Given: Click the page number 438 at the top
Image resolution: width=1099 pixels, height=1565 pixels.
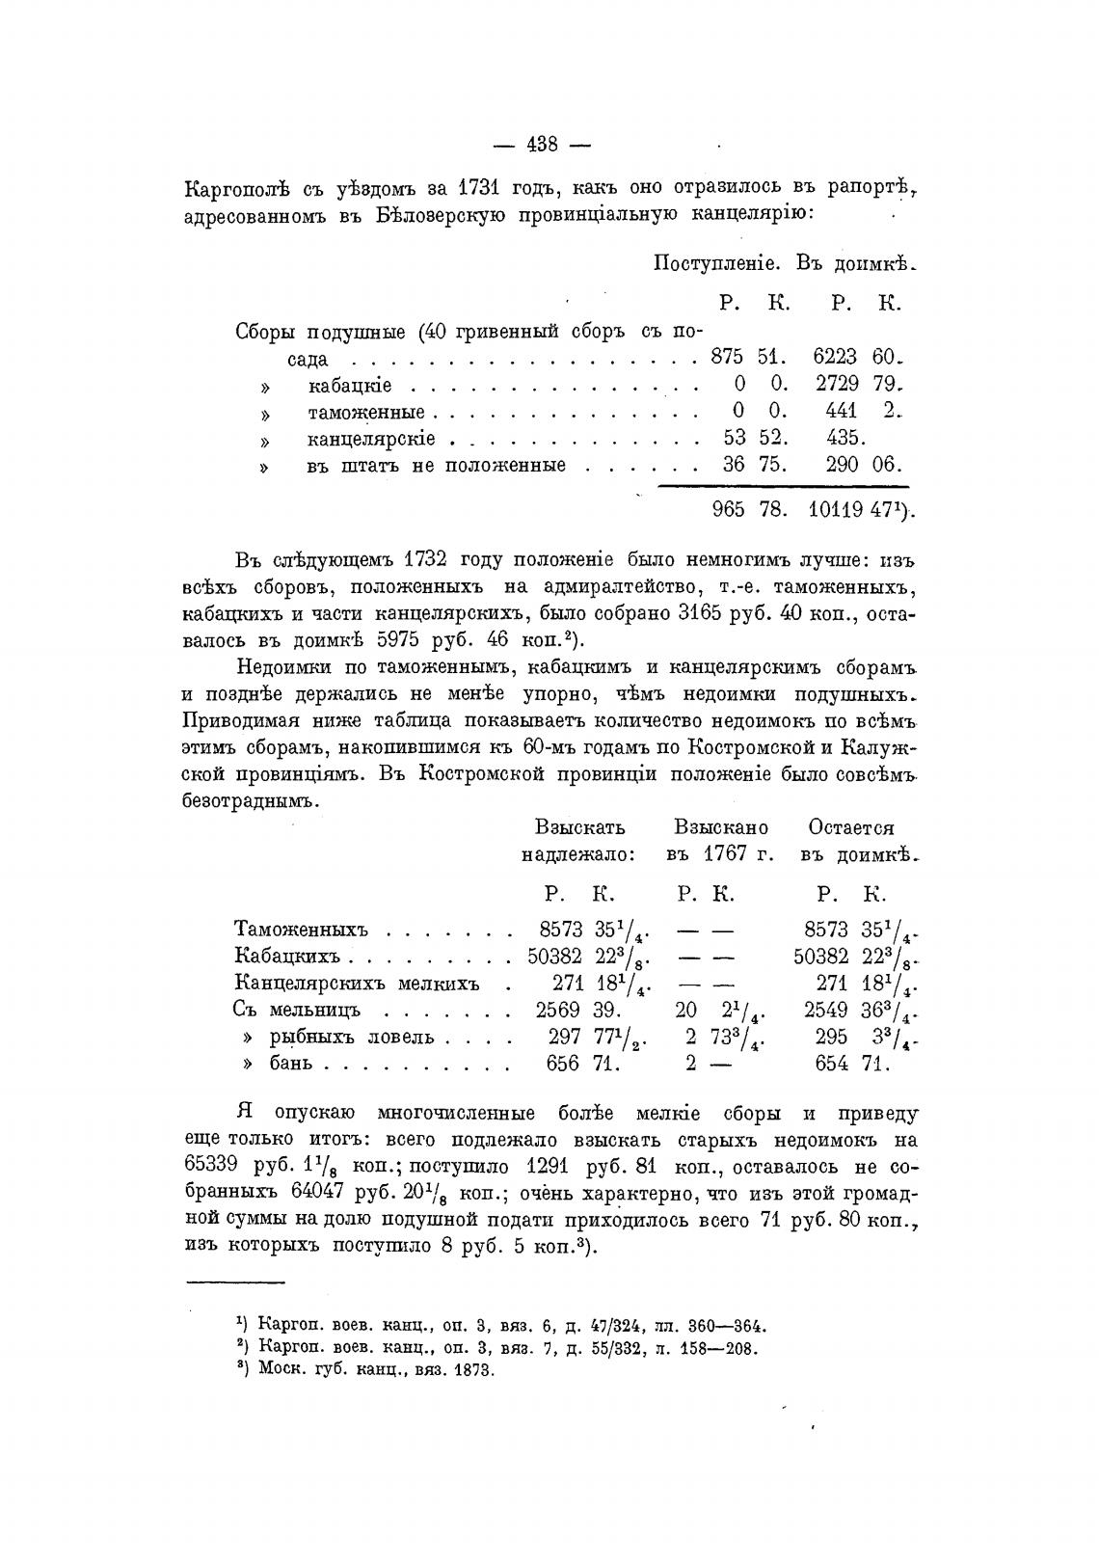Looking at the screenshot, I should [x=542, y=145].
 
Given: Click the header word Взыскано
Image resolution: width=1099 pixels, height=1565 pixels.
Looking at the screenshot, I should [x=721, y=827].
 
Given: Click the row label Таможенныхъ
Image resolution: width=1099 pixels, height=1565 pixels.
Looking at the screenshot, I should [x=302, y=930].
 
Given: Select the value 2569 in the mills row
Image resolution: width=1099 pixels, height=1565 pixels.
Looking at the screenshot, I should [x=559, y=1010].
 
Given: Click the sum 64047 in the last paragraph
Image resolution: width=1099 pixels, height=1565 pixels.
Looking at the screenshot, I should [x=318, y=1193].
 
